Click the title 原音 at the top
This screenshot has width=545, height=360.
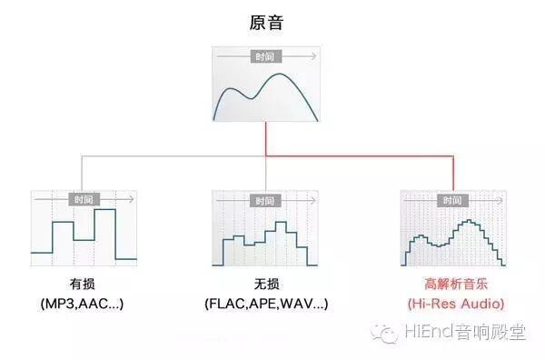pos(266,22)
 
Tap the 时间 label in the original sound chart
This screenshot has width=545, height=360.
pos(265,56)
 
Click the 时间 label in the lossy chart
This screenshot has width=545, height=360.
pos(84,200)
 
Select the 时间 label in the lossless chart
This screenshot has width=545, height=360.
pos(265,201)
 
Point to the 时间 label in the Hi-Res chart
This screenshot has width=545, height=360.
pos(452,200)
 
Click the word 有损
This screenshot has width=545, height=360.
pos(82,285)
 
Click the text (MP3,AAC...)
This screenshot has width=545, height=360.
pos(82,304)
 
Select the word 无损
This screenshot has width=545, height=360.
pos(266,285)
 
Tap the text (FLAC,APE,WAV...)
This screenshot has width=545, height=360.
pos(266,304)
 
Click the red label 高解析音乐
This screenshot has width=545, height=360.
pos(456,285)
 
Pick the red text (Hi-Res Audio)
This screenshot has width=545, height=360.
pos(456,304)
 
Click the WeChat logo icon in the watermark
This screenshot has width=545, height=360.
pos(384,333)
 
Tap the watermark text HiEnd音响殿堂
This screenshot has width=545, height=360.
pos(465,332)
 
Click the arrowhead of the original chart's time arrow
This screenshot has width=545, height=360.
pos(314,56)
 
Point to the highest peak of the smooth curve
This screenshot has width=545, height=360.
pos(280,74)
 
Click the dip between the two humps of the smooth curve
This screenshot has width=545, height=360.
pos(252,98)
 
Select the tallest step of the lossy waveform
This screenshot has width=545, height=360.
pos(105,209)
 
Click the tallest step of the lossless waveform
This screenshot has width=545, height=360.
pos(281,222)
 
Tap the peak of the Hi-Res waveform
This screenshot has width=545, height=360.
pos(470,221)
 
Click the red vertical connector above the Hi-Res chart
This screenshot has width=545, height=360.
pos(453,174)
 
